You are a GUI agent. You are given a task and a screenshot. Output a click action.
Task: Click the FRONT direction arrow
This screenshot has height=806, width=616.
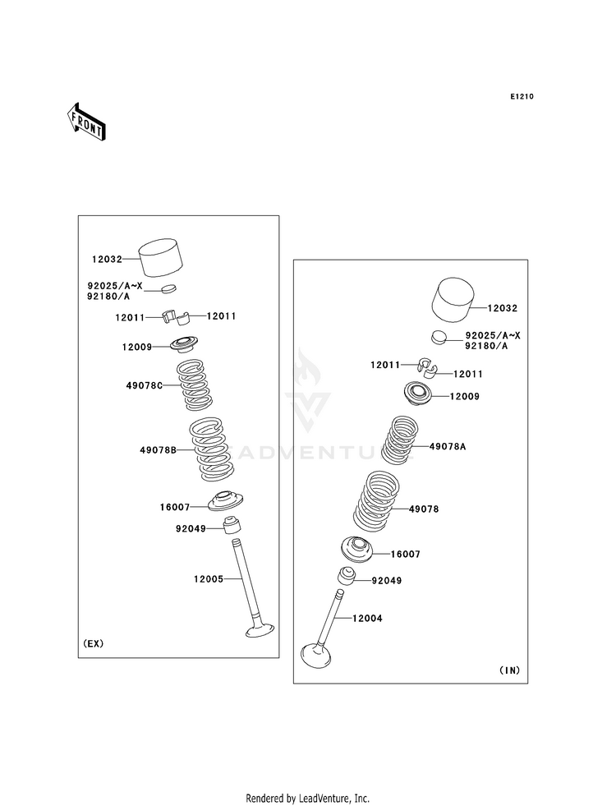[x=86, y=122]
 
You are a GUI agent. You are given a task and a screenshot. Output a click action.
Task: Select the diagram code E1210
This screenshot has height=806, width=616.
[x=522, y=97]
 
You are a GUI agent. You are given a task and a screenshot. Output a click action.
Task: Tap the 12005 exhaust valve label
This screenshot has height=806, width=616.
[x=209, y=578]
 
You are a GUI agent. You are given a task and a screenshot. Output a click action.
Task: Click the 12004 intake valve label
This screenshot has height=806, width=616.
[x=367, y=619]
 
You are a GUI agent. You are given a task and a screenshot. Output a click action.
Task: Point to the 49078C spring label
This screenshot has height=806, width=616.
[x=145, y=385]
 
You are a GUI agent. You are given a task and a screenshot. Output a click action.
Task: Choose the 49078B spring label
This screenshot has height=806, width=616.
[x=159, y=450]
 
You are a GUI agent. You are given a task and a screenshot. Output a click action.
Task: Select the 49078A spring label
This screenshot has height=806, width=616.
[x=448, y=447]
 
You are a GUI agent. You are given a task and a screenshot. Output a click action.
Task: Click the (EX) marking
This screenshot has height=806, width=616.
[x=94, y=643]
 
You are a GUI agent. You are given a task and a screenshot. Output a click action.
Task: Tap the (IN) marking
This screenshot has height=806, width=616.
[x=509, y=670]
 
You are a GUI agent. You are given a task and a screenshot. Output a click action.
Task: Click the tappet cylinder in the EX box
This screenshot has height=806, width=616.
[x=161, y=257]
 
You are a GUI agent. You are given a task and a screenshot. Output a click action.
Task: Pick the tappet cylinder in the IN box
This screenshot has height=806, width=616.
[x=453, y=301]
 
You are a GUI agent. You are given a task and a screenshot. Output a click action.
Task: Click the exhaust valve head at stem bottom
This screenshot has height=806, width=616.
[x=260, y=630]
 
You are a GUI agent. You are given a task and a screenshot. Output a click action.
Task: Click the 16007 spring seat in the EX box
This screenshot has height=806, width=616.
[x=226, y=501]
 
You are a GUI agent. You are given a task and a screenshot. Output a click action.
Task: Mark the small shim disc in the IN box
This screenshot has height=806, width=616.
[x=439, y=337]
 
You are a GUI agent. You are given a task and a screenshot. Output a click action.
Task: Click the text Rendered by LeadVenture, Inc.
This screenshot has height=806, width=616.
[x=308, y=799]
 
